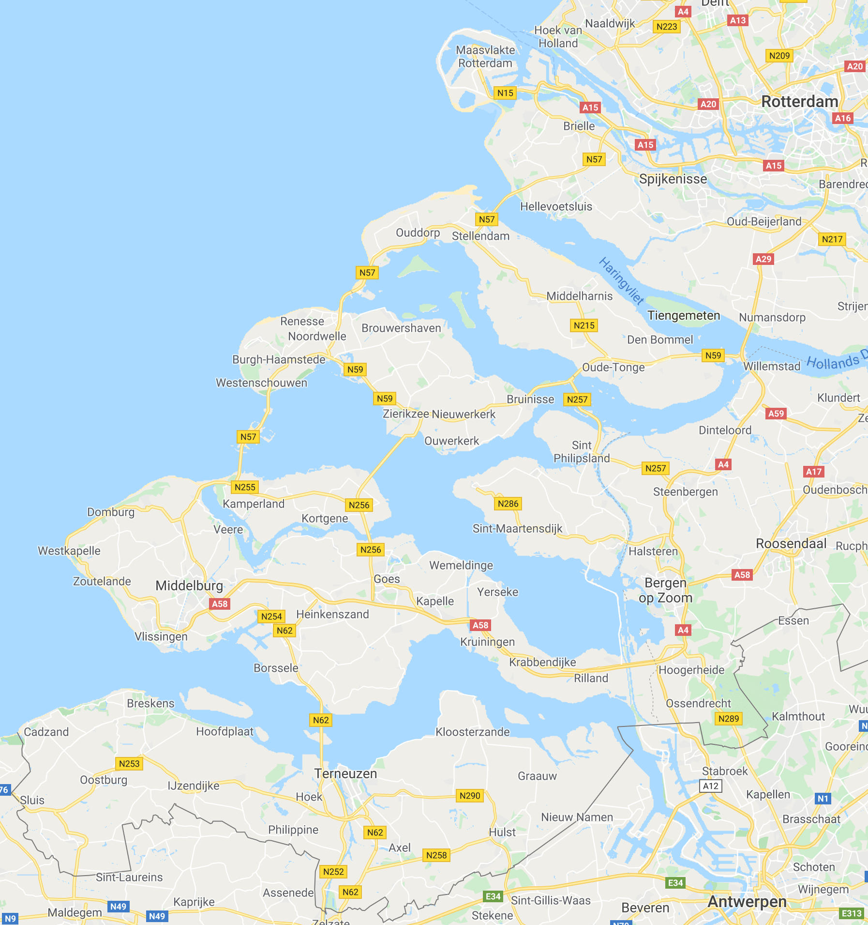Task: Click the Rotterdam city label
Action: click(799, 102)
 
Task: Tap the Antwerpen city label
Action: click(747, 901)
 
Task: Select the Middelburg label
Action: click(189, 586)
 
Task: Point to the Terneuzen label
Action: click(345, 773)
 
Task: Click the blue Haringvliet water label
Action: click(621, 281)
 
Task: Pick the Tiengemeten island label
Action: click(684, 316)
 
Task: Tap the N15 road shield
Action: click(505, 93)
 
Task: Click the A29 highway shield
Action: click(763, 259)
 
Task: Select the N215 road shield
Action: click(584, 325)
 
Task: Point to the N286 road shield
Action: click(508, 504)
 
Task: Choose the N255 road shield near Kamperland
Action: click(245, 487)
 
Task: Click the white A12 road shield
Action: click(711, 786)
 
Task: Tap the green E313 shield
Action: click(852, 913)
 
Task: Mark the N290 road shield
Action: click(470, 796)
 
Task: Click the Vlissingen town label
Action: click(161, 636)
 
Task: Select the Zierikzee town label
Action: click(406, 414)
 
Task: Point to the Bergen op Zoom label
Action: click(666, 590)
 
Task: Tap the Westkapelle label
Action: click(69, 551)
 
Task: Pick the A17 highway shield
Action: click(814, 472)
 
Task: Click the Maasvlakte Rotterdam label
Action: click(485, 57)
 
